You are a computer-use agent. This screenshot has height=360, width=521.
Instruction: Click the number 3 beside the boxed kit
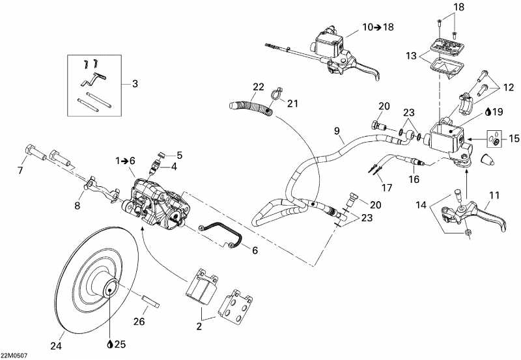pyautogui.click(x=135, y=83)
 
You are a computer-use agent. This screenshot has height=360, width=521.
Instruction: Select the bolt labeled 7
pyautogui.click(x=32, y=154)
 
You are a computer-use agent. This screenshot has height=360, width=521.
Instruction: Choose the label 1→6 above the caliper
pyautogui.click(x=125, y=161)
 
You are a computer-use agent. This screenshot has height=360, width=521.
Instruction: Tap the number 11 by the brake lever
pyautogui.click(x=494, y=195)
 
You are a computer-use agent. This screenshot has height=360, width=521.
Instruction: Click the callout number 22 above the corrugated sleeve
pyautogui.click(x=259, y=87)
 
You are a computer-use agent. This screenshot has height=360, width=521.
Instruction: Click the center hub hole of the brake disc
pyautogui.click(x=109, y=287)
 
